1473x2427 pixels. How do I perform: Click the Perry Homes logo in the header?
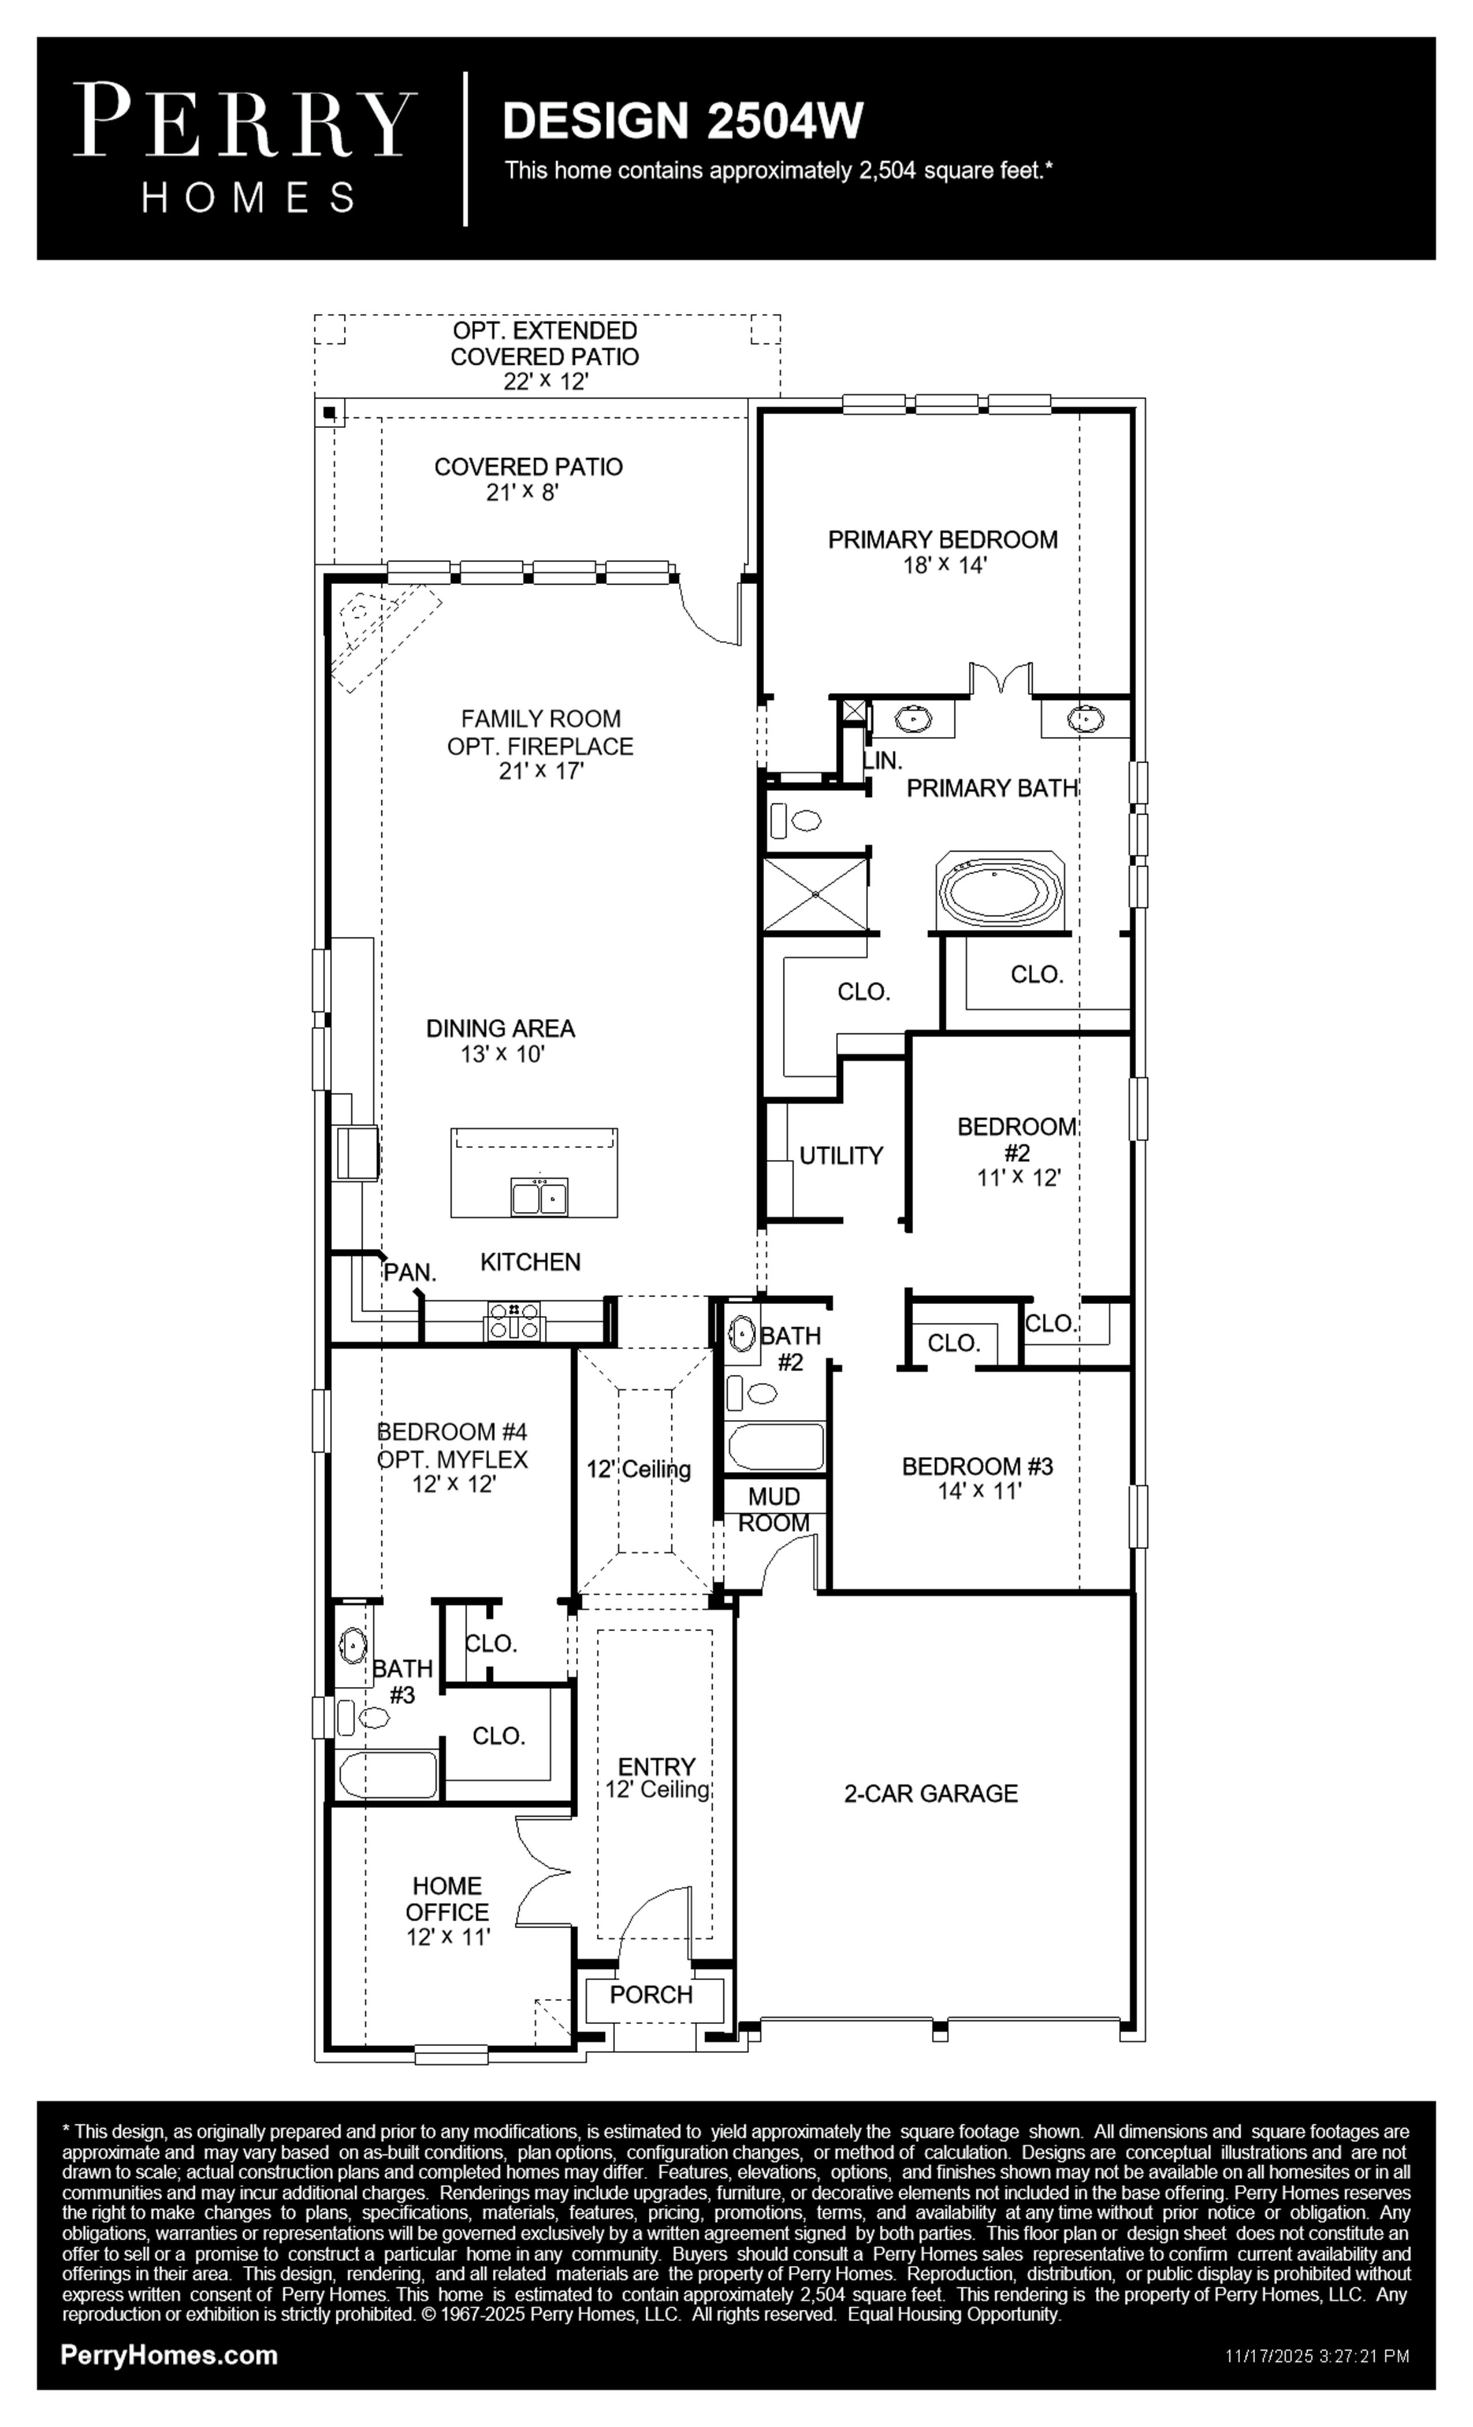pos(245,148)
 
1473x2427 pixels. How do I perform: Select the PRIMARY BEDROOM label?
pos(942,540)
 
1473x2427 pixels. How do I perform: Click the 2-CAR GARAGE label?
pos(931,1794)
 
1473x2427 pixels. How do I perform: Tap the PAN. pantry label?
pos(410,1272)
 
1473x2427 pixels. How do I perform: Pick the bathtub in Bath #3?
pos(388,1775)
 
